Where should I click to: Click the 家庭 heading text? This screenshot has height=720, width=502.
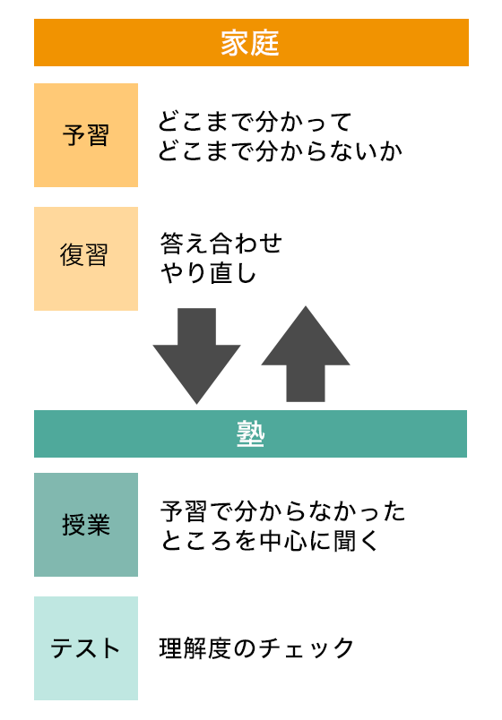pos(250,43)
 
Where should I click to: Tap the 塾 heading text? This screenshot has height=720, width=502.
pos(250,434)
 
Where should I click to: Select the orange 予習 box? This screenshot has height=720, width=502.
pos(86,135)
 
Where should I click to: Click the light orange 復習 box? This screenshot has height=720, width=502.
pos(86,259)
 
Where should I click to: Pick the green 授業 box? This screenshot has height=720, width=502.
pos(86,525)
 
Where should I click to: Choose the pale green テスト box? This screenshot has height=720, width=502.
pos(86,647)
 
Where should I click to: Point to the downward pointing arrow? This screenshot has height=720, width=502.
pos(196,356)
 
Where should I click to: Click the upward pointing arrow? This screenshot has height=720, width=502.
pos(306,354)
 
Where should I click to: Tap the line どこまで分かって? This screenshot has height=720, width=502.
pos(255,122)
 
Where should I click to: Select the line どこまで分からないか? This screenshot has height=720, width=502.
pos(280,151)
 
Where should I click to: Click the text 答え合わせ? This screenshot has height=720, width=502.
pos(221,244)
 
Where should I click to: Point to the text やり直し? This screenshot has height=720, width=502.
pos(208,273)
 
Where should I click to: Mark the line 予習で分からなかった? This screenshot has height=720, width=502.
pos(282,511)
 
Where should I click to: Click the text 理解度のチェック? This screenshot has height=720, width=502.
pos(256,647)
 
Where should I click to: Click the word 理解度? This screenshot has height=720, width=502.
pos(195,647)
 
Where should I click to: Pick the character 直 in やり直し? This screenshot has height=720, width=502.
pos(221,273)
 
